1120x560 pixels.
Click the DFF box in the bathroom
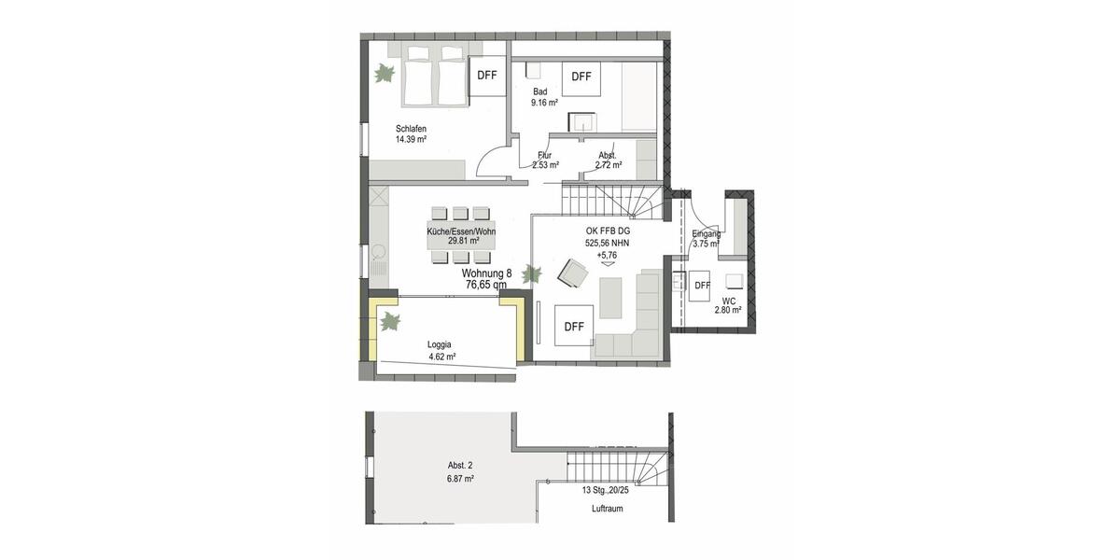[581, 77]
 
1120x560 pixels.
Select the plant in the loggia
[390, 321]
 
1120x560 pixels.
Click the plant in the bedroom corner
[385, 73]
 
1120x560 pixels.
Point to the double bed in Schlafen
[434, 81]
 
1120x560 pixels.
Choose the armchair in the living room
[572, 273]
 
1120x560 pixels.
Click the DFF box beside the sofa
[574, 326]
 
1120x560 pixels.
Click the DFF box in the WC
[703, 285]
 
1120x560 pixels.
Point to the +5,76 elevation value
[608, 255]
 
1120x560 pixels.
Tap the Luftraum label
[607, 509]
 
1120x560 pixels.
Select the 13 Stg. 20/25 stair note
[607, 490]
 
